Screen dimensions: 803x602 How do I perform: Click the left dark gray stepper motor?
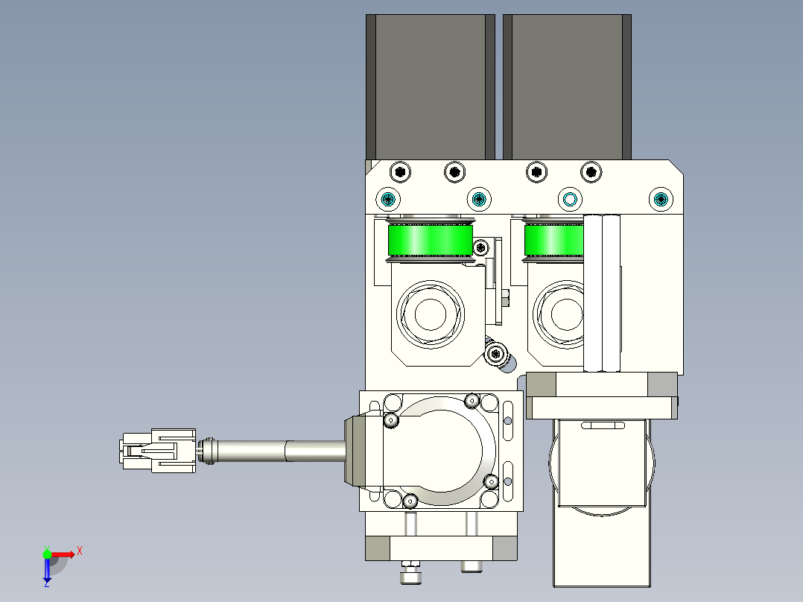pos(431,86)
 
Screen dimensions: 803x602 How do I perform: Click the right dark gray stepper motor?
pos(567,86)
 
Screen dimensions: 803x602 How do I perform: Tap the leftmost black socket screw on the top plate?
pos(400,171)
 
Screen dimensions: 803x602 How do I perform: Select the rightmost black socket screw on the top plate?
pos(591,171)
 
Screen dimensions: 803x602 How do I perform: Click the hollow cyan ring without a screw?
pos(569,199)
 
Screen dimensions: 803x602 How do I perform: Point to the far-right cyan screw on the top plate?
pos(661,199)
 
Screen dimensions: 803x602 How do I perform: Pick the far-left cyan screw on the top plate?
pos(388,199)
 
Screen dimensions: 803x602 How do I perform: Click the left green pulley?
pos(431,240)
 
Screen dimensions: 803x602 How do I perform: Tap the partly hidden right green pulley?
pos(553,240)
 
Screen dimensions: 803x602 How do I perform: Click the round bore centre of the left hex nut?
pos(431,314)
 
